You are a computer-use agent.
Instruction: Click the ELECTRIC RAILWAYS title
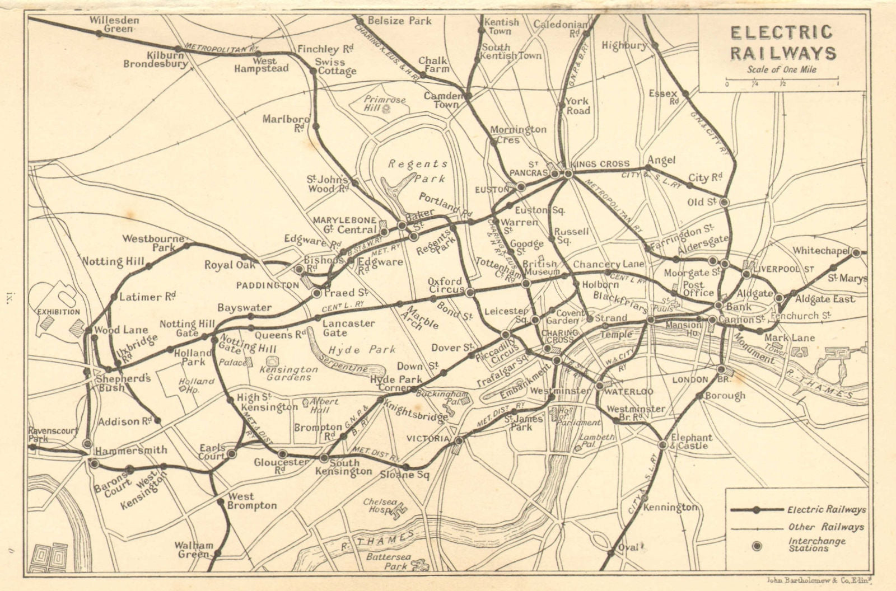[x=782, y=42]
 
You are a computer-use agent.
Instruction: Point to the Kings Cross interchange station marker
[x=567, y=174]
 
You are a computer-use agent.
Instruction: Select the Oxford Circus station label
[x=445, y=285]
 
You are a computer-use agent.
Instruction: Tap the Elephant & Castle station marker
[x=662, y=445]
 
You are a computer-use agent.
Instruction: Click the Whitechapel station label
[x=822, y=251]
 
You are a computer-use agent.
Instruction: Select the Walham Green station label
[x=193, y=550]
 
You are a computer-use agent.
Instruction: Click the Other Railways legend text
[x=826, y=527]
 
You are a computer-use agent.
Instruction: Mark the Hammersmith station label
[x=130, y=450]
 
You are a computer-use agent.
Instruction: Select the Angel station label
[x=661, y=161]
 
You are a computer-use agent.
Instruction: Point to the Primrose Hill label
[x=385, y=104]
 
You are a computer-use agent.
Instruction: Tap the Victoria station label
[x=428, y=438]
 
